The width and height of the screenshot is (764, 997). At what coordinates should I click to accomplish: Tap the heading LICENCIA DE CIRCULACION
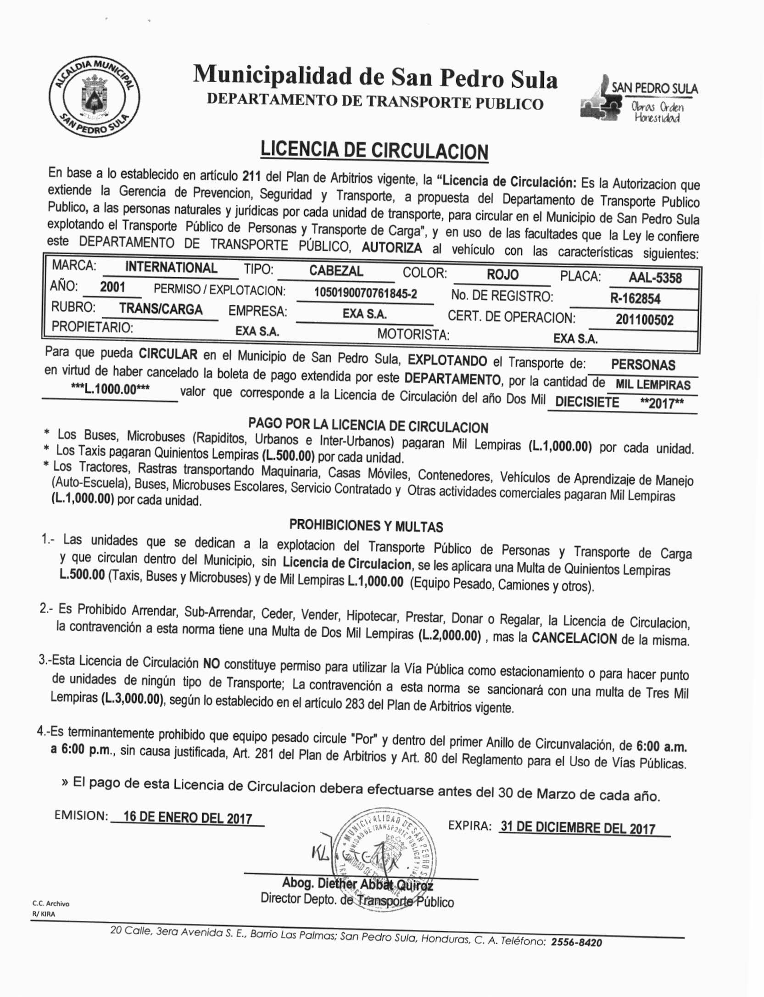point(374,151)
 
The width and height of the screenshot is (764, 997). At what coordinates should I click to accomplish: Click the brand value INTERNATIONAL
point(171,268)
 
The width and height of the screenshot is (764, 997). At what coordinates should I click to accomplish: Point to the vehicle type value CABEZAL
point(336,271)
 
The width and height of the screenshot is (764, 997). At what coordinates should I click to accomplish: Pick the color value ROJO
point(502,274)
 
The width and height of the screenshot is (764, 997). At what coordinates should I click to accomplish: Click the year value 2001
point(112,287)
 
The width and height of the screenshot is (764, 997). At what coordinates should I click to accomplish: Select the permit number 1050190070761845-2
point(365,293)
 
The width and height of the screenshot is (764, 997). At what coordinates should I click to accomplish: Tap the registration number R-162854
point(635,299)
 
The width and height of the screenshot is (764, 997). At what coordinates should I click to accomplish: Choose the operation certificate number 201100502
point(644,319)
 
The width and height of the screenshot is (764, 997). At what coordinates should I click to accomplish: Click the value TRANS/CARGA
point(161,308)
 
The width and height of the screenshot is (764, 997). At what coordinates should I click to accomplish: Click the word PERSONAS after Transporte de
point(643,365)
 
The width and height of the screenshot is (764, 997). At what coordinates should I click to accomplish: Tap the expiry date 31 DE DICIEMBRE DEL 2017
point(578,828)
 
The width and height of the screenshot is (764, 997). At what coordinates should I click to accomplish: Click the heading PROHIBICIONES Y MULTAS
point(366,525)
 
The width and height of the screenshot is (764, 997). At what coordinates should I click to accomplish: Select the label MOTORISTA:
point(413,334)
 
